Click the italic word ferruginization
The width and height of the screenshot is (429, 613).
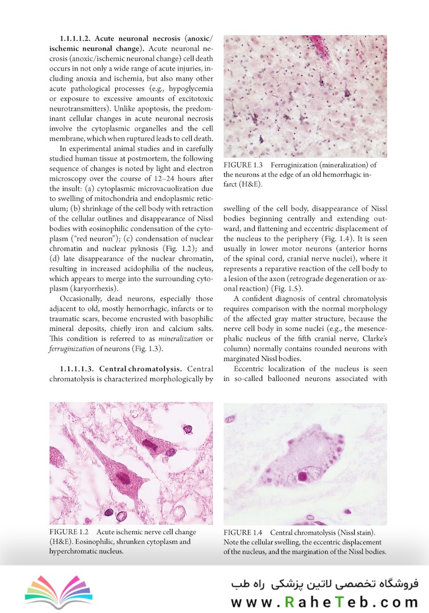tap(77, 348)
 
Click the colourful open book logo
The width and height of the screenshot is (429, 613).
tap(58, 589)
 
